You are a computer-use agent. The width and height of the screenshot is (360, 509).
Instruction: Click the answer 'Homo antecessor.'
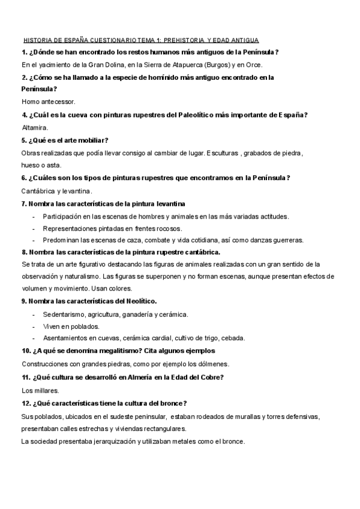(48, 101)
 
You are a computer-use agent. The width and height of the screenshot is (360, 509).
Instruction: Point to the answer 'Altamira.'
(34, 127)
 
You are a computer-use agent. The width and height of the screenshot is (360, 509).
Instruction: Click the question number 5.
(24, 140)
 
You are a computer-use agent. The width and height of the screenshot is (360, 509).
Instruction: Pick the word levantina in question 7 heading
(169, 204)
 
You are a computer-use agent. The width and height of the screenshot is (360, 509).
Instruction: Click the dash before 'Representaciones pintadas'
(34, 228)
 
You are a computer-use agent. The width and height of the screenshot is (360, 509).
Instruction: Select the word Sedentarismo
(63, 314)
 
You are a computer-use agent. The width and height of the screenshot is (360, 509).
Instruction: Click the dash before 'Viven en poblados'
(34, 326)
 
